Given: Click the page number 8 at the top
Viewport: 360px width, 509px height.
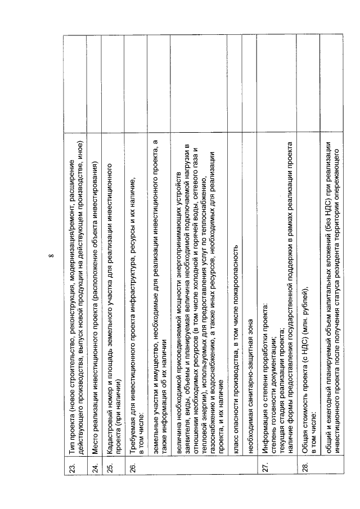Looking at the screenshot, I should [51, 254].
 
